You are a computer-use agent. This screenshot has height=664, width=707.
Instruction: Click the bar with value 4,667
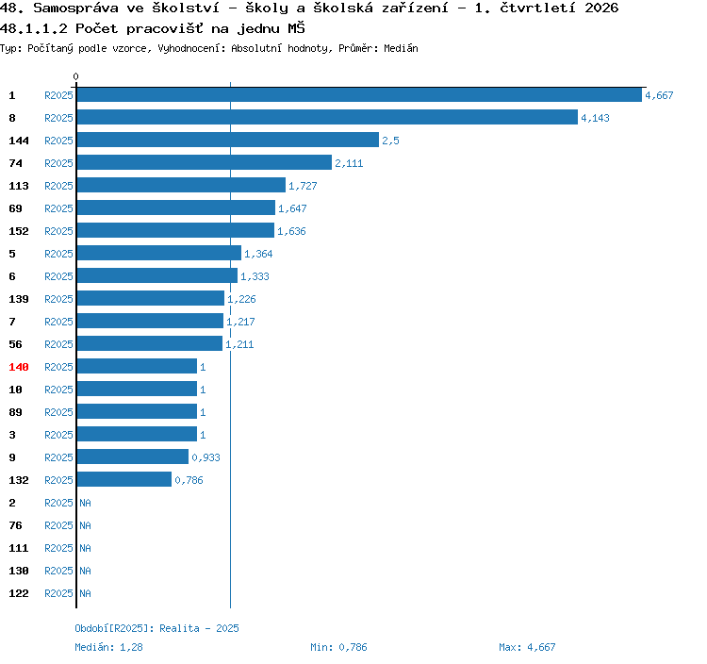[359, 94]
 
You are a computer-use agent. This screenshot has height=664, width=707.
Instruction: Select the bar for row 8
[327, 117]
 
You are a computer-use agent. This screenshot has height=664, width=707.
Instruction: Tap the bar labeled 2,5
[228, 140]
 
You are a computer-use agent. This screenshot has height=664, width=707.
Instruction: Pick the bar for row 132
[124, 479]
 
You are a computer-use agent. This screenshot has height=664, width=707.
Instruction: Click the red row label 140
[19, 367]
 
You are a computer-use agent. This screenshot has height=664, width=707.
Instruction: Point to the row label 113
[19, 186]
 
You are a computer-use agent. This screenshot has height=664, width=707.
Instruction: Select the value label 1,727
[303, 186]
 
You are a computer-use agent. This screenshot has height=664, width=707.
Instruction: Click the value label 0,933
[206, 456]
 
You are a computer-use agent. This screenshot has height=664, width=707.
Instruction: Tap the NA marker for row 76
[85, 525]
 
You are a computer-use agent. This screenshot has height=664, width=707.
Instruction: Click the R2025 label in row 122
[58, 592]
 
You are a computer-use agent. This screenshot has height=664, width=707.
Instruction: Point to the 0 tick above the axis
[75, 76]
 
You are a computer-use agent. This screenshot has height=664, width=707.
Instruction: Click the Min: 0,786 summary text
[338, 647]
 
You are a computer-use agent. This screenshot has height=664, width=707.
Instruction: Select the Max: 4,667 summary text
[527, 647]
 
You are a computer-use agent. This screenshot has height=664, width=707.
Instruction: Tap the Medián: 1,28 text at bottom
[108, 647]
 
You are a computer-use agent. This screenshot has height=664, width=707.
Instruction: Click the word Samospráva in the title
[75, 8]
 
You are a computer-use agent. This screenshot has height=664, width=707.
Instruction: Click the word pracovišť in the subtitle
[165, 28]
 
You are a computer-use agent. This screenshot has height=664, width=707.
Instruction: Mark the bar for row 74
[205, 162]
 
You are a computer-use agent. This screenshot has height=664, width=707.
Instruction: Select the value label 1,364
[258, 254]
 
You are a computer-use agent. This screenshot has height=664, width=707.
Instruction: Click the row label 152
[19, 231]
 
